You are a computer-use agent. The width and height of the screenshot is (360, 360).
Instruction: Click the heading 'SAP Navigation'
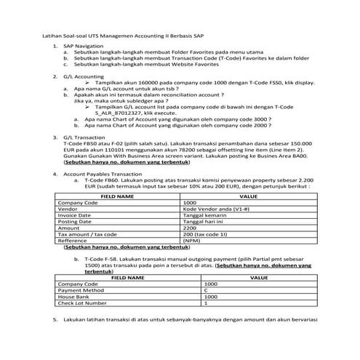pos(83,45)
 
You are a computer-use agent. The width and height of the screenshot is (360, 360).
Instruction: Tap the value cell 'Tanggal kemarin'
pos(204,215)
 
